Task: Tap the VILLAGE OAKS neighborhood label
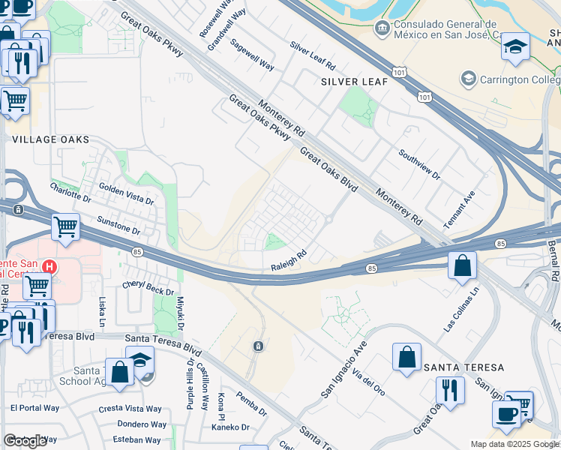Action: click(51, 139)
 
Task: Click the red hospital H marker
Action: click(49, 266)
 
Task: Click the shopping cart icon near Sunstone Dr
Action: click(66, 225)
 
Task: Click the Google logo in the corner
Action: click(25, 441)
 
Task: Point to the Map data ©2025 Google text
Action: click(514, 444)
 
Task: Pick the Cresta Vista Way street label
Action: click(130, 409)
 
